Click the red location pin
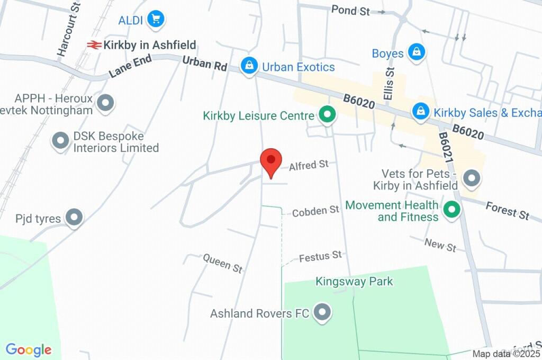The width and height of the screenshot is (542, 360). pyautogui.click(x=271, y=161)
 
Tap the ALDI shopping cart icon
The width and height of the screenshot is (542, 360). pyautogui.click(x=156, y=20)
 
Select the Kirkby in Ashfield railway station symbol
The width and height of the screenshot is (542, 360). pyautogui.click(x=95, y=46)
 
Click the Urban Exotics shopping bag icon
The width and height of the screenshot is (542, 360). pyautogui.click(x=248, y=67)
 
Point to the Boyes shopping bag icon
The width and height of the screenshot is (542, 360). pyautogui.click(x=418, y=52)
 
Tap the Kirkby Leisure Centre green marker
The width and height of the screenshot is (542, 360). pyautogui.click(x=327, y=115)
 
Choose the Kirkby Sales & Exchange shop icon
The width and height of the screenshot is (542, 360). pyautogui.click(x=421, y=112)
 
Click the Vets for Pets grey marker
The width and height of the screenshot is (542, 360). pyautogui.click(x=471, y=178)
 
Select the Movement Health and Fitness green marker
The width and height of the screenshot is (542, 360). pyautogui.click(x=451, y=210)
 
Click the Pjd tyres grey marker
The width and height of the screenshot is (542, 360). pyautogui.click(x=74, y=217)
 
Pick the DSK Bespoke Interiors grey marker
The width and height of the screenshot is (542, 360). pyautogui.click(x=60, y=141)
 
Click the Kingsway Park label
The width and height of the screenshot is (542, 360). pyautogui.click(x=354, y=281)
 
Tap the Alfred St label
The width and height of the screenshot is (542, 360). pyautogui.click(x=309, y=165)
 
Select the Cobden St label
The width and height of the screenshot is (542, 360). pyautogui.click(x=315, y=211)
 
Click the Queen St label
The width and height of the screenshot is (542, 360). pyautogui.click(x=223, y=263)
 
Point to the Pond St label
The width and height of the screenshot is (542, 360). pyautogui.click(x=350, y=10)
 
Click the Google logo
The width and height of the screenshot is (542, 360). pyautogui.click(x=29, y=350)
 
